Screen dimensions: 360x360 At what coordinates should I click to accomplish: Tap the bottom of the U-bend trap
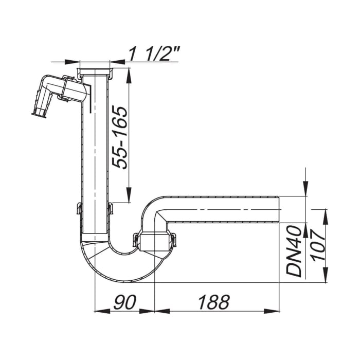[123, 275]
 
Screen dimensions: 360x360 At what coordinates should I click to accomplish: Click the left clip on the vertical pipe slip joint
[79, 209]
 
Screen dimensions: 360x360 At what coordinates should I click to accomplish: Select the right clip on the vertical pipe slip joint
[110, 209]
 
